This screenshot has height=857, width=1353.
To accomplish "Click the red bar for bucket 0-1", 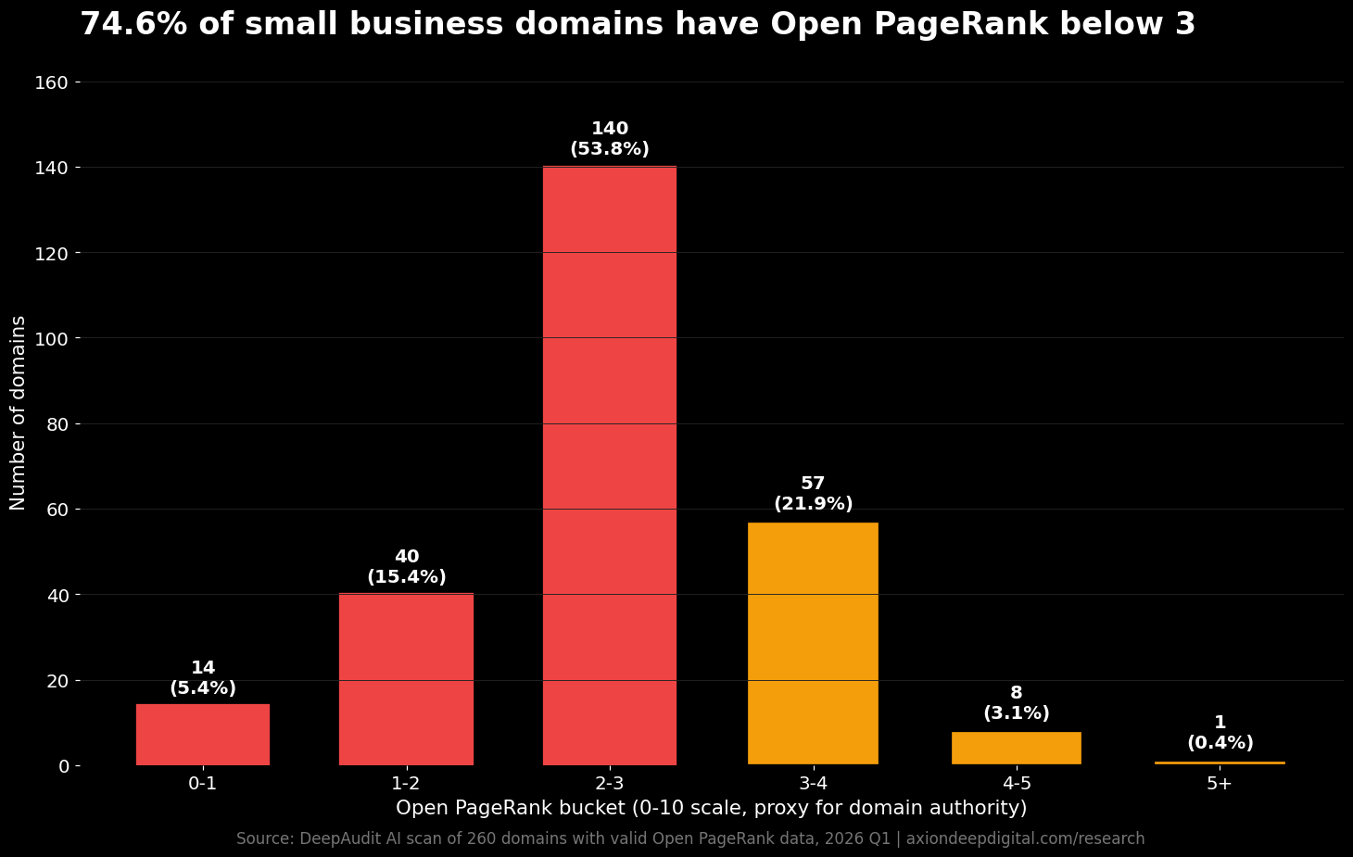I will (202, 734).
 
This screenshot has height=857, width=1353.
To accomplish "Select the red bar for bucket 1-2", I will (406, 678).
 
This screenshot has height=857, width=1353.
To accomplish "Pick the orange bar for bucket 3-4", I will (813, 643).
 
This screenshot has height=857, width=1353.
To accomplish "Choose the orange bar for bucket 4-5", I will (1016, 748).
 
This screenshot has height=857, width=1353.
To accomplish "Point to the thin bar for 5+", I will (1220, 762).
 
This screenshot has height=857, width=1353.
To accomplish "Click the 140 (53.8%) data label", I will (609, 139).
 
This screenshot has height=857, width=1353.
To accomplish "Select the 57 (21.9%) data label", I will (813, 494).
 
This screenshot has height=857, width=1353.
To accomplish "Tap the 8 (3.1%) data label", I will (1016, 703).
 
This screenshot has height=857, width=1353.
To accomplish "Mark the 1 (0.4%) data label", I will (1220, 733).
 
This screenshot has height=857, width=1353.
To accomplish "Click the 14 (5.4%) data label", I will (202, 678).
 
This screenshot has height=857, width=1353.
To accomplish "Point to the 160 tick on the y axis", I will (51, 82).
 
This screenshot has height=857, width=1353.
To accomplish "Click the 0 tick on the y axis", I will (64, 766).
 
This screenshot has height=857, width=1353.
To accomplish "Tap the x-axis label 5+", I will (1220, 784).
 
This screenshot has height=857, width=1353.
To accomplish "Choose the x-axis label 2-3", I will (609, 784).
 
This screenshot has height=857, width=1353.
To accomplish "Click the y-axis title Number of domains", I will (19, 412).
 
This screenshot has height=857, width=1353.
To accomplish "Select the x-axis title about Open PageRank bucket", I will (711, 808).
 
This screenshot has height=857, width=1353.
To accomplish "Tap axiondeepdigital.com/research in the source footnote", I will (1025, 839).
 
